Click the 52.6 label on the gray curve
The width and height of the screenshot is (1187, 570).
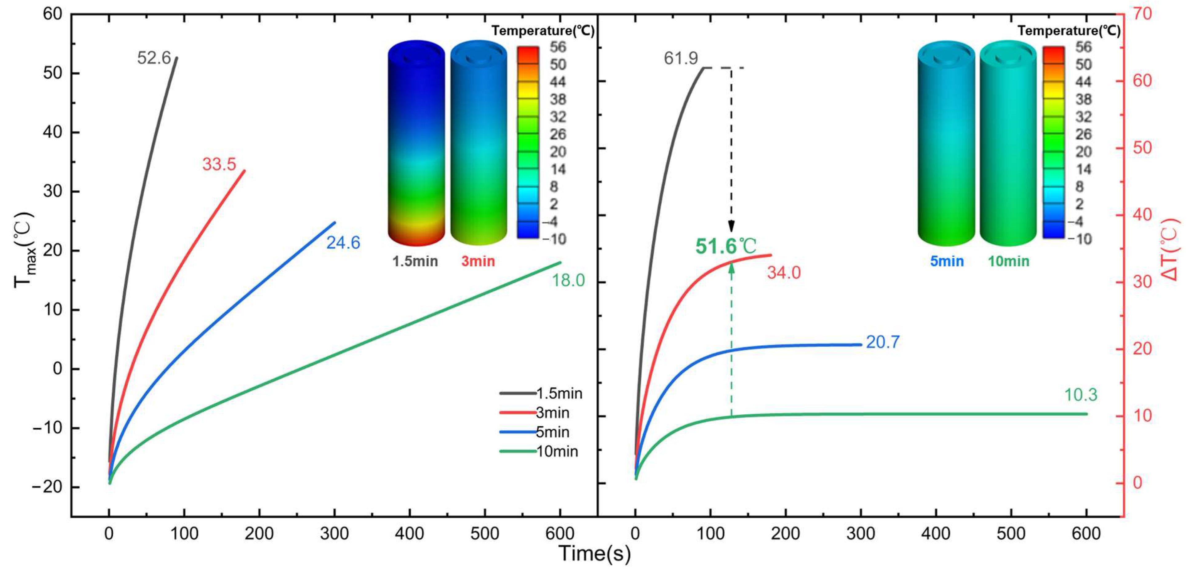coord(154,58)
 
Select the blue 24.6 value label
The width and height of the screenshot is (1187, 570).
coord(343,243)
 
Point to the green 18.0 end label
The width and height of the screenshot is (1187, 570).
coord(568,280)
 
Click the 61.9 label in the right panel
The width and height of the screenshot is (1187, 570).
coord(681,58)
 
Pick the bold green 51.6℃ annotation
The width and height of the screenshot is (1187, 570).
coord(726,246)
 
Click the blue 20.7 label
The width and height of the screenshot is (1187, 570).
coord(882,342)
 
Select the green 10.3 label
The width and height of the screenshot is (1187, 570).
coord(1081,395)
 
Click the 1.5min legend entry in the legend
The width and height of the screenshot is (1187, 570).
coord(559,393)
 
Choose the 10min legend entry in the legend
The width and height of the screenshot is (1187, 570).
coord(557,452)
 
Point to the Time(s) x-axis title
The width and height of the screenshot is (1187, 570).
coord(594,553)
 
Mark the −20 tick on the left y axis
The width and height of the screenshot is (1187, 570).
coord(47,487)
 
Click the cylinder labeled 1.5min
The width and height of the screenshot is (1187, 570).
coord(416,143)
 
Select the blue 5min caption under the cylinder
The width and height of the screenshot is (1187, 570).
coord(946,261)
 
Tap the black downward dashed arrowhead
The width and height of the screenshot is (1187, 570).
coord(731,227)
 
